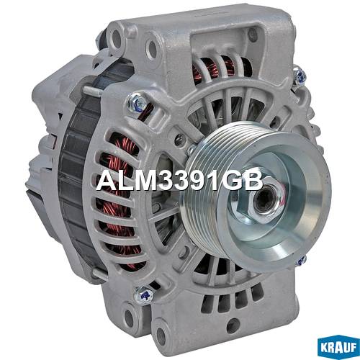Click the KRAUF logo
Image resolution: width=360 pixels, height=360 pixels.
click(338, 347)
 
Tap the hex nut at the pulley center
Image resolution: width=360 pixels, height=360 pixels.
click(264, 199)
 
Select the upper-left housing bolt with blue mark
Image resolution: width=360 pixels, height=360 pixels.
click(136, 103)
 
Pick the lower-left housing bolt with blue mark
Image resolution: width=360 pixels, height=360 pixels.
click(143, 296)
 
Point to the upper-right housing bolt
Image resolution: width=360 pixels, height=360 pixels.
click(300, 76)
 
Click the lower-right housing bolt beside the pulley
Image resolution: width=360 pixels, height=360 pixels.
click(302, 261)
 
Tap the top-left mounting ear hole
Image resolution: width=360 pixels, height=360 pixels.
click(117, 38)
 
